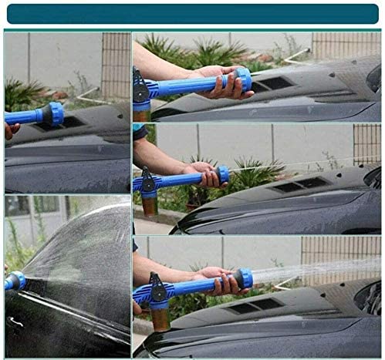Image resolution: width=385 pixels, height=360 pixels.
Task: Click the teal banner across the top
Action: (x=192, y=14)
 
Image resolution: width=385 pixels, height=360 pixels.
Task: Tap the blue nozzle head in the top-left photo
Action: (x=54, y=113)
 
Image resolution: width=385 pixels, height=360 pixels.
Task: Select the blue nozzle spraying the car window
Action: (x=14, y=281)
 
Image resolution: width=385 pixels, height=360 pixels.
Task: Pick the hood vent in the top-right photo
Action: (x=273, y=83)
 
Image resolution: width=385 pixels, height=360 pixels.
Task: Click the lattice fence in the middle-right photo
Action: (x=366, y=143)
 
